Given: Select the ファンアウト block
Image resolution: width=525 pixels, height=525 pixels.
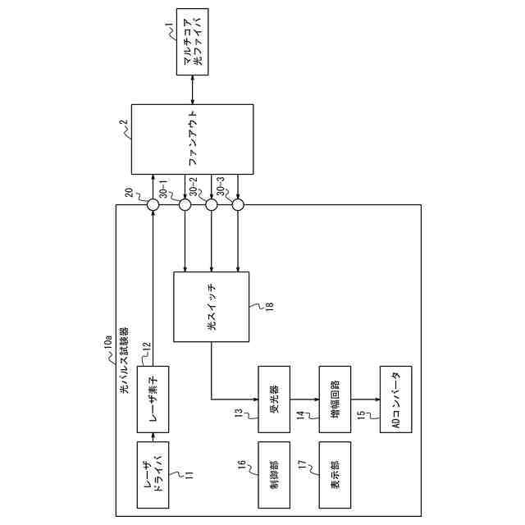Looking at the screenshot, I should (x=193, y=139).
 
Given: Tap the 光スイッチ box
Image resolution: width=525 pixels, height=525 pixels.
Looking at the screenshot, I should (x=212, y=306).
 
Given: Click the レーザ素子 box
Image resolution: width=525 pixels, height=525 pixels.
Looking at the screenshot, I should (x=153, y=399).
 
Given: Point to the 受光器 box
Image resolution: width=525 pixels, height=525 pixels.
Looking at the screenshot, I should (x=275, y=399).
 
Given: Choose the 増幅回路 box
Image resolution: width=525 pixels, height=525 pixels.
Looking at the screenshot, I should (x=335, y=399).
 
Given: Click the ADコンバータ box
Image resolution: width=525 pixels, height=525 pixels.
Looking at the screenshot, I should (x=396, y=399).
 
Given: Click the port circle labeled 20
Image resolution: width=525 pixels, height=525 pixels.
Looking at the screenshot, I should (x=153, y=205).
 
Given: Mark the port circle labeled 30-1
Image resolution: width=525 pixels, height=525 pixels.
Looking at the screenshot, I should (x=185, y=205).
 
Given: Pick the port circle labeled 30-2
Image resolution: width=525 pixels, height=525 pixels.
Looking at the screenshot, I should (x=212, y=205).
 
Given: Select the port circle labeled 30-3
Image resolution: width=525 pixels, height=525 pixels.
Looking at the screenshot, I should (x=239, y=205).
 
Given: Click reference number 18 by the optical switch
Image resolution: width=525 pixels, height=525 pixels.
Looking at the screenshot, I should (x=267, y=308).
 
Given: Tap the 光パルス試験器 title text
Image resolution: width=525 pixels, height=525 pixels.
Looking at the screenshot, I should (x=125, y=362).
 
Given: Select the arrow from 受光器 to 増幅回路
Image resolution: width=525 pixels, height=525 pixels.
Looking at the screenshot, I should (x=305, y=399).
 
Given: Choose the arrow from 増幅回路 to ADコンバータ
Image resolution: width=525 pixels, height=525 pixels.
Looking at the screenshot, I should (x=365, y=399).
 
